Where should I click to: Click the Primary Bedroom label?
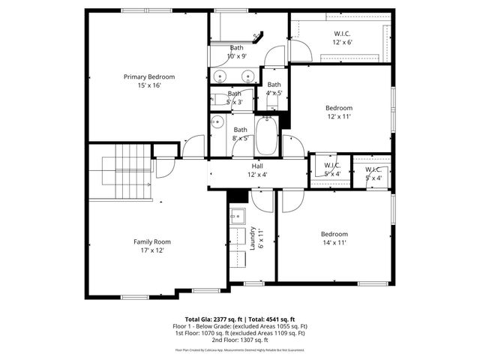click(150, 81)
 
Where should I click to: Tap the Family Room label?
click(153, 246)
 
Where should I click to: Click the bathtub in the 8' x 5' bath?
click(266, 137)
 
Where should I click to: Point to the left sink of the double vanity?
click(220, 76)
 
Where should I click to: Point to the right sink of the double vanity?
click(247, 76)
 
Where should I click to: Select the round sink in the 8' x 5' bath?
click(217, 121)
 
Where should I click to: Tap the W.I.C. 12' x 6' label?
click(342, 38)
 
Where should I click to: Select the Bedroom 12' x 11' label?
click(339, 112)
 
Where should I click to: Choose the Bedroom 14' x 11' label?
click(334, 238)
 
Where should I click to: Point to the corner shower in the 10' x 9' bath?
click(257, 36)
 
